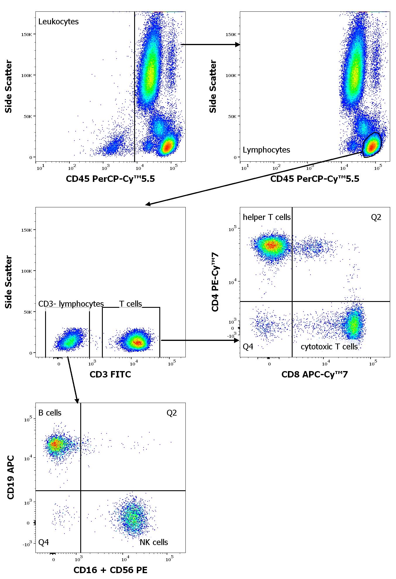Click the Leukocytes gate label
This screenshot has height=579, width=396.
[x=58, y=22]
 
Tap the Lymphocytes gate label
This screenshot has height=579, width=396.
[x=266, y=150]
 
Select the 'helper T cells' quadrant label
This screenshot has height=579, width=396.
[x=267, y=217]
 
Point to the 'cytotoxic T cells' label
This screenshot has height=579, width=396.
[x=329, y=347]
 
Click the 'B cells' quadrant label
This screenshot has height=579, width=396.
[x=50, y=413]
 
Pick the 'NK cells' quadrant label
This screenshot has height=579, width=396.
[x=154, y=542]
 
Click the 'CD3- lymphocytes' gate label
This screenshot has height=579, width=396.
[x=71, y=304]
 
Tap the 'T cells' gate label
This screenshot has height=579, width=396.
[x=130, y=304]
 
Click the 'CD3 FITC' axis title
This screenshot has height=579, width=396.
[x=110, y=375]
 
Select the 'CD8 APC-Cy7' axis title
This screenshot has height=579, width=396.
[x=314, y=375]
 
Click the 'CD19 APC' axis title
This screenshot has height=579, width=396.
[x=11, y=477]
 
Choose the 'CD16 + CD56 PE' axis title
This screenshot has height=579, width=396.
[x=110, y=570]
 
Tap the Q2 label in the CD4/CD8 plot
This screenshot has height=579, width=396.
[x=376, y=217]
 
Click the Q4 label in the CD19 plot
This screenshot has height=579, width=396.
[x=44, y=542]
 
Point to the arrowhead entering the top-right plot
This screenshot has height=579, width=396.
[x=238, y=45]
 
